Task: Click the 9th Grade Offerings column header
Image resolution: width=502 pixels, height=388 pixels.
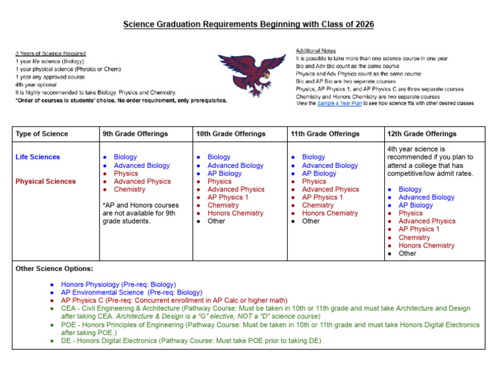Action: tap(135, 134)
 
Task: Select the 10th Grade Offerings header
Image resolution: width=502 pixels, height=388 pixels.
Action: tap(231, 134)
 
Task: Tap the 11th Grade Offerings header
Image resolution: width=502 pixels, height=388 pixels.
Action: tap(325, 134)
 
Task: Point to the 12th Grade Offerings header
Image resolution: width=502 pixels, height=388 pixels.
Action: tap(422, 134)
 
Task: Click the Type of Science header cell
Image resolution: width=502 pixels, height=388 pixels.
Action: tap(41, 134)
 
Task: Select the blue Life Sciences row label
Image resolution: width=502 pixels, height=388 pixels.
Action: tap(37, 157)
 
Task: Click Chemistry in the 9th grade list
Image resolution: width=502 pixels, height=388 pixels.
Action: tap(129, 189)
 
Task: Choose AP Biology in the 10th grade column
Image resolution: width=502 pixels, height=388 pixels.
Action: tap(224, 174)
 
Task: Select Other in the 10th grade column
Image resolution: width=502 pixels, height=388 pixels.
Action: tap(216, 221)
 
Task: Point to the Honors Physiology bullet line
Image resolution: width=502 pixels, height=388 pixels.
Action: tap(118, 285)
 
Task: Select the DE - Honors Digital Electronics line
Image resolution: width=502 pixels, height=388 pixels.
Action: tap(191, 340)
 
